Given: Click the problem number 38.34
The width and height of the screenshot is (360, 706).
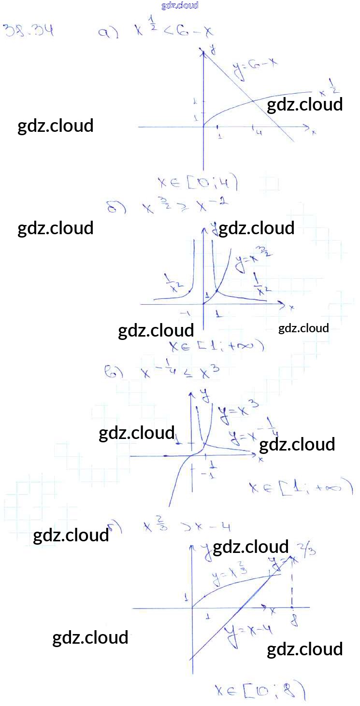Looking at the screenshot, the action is (28, 31).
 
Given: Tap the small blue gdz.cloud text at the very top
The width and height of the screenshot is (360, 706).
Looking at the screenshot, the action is (180, 6).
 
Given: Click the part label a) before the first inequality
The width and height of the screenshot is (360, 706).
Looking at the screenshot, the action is (108, 33).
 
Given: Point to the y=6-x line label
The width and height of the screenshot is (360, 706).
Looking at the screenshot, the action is (255, 67).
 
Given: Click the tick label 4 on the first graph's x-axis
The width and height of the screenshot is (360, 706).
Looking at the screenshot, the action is (259, 133).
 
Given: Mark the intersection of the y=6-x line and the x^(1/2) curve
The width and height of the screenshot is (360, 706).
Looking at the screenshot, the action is (253, 100).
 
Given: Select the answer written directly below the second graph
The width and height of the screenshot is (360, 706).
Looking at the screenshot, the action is (216, 346).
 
